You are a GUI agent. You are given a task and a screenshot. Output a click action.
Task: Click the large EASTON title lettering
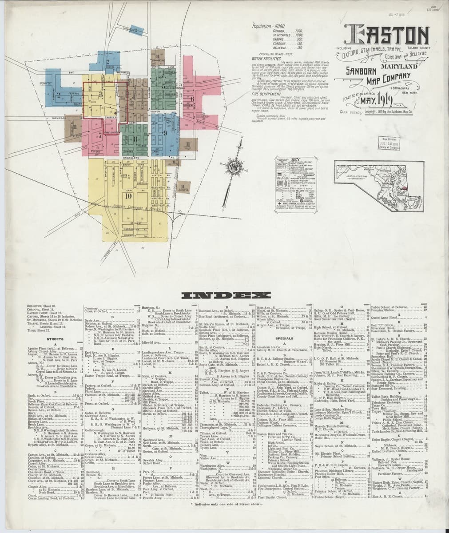tap(388, 35)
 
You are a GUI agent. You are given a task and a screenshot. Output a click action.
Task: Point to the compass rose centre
tap(234, 167)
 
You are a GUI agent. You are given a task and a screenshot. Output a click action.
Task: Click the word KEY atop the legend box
tap(295, 159)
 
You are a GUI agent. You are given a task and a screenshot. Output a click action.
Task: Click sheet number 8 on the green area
tap(136, 138)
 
